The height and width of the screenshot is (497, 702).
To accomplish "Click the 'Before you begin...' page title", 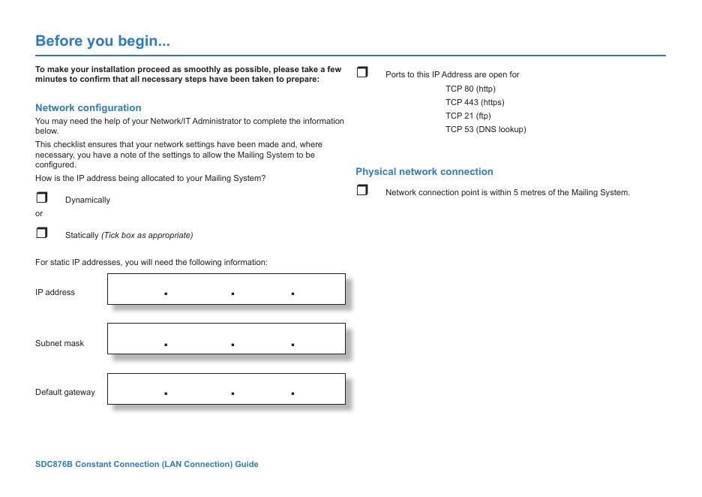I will click(x=103, y=41).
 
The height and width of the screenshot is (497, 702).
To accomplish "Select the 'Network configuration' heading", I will click(x=88, y=107).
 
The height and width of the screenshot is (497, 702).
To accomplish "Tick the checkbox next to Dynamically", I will click(x=41, y=198).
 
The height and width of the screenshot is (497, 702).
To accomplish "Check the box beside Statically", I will click(x=41, y=233).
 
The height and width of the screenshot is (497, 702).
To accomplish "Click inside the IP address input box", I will click(x=226, y=289).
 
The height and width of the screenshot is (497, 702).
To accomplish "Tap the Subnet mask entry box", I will click(x=226, y=339).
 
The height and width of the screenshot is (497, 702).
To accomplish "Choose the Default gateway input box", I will click(x=226, y=389).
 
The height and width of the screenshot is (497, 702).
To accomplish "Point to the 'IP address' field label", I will click(x=55, y=292).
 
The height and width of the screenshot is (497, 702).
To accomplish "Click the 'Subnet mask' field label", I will click(x=59, y=343).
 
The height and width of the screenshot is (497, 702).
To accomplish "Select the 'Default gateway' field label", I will click(x=65, y=392).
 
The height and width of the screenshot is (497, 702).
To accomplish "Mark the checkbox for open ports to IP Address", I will click(x=362, y=73).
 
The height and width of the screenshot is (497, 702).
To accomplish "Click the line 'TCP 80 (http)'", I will click(x=470, y=89).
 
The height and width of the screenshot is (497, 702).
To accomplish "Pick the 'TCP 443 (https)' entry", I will click(x=475, y=102).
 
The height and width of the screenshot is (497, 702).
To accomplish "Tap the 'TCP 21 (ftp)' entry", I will click(x=468, y=116).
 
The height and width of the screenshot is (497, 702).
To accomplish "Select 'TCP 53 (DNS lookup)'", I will click(x=485, y=129).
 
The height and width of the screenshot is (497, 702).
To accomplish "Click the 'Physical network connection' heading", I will click(x=424, y=171).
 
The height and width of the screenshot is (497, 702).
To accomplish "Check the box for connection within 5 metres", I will click(x=362, y=191).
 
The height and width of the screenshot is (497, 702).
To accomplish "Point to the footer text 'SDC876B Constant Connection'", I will click(x=146, y=464).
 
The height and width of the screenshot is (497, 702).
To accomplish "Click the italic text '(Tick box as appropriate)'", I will click(x=147, y=235).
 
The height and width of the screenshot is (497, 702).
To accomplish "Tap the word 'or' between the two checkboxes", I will click(x=39, y=213).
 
